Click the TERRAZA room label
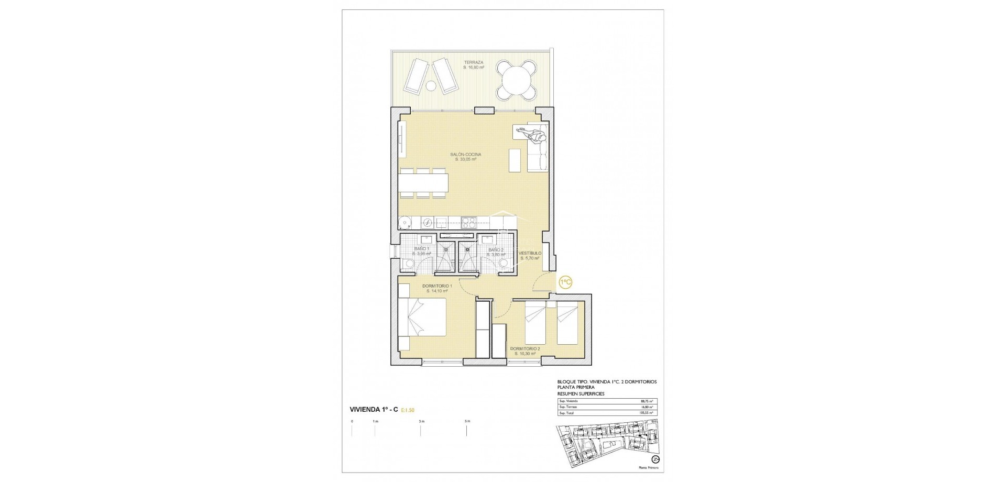pyautogui.click(x=473, y=64)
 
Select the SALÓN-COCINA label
pyautogui.click(x=465, y=157)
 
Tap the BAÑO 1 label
pyautogui.click(x=422, y=251)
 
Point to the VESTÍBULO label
pyautogui.click(x=530, y=256)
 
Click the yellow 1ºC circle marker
pyautogui.click(x=565, y=282)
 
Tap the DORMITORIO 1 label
pyautogui.click(x=438, y=288)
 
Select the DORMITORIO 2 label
pyautogui.click(x=525, y=350)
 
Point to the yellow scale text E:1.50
pyautogui.click(x=411, y=411)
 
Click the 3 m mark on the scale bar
pyautogui.click(x=421, y=422)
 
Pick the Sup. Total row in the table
pyautogui.click(x=607, y=413)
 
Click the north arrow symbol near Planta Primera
pyautogui.click(x=648, y=459)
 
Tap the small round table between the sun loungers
pyautogui.click(x=430, y=86)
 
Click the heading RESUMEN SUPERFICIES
pyautogui.click(x=581, y=393)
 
